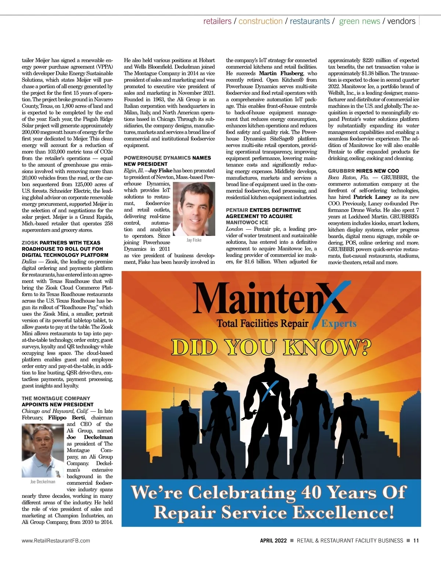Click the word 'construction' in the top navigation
[261, 21]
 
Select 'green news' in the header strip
[359, 21]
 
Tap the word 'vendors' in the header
[401, 21]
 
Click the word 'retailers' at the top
[217, 21]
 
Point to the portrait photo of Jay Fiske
[194, 209]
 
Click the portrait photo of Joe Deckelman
[43, 450]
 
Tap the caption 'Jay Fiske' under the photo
[194, 240]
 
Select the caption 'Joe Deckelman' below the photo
[43, 482]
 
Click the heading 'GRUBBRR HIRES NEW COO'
[363, 171]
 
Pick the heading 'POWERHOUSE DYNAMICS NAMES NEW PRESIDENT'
[167, 161]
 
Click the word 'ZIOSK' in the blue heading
[30, 243]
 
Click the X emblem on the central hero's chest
[270, 389]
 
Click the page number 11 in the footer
[416, 541]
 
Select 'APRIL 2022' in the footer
[273, 541]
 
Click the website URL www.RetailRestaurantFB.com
[56, 541]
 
